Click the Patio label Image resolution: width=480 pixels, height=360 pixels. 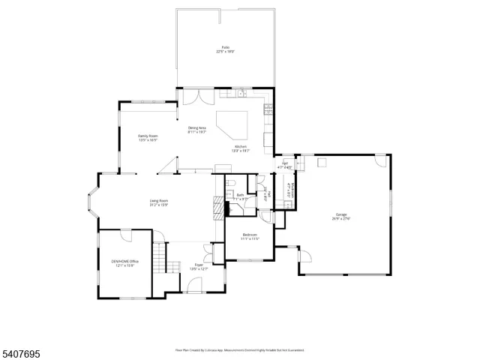(x=224, y=49)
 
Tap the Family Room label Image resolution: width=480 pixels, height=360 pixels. (x=148, y=138)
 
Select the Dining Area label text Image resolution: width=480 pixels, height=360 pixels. (x=198, y=129)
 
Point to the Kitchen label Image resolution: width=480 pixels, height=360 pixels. (x=241, y=148)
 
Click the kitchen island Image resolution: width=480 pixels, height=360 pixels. (x=232, y=123)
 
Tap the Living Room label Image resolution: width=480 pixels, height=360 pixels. (x=158, y=202)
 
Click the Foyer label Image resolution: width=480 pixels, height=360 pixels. (x=199, y=266)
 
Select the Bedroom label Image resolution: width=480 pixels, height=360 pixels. (x=250, y=237)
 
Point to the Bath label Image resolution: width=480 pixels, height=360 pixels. (x=240, y=196)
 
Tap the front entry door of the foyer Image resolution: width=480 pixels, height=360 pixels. (x=194, y=286)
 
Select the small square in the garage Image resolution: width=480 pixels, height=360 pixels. (x=322, y=161)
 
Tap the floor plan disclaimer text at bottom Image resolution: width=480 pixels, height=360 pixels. (x=240, y=349)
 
